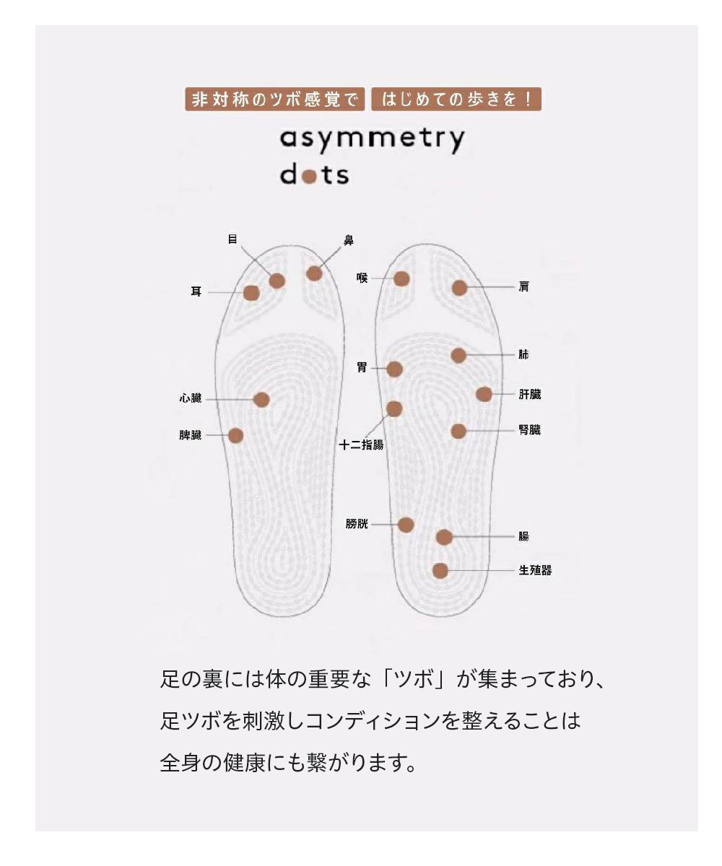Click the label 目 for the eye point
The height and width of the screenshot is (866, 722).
coord(232,239)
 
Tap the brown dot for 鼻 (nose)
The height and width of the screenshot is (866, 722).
coord(314,274)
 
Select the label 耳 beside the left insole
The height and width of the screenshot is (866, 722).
coord(196,292)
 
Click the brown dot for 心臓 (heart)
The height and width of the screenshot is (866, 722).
coord(262,400)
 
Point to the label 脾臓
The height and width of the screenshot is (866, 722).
coord(191,436)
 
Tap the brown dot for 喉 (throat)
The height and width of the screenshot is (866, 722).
coord(402,279)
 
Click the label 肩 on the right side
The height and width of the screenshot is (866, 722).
coord(523,287)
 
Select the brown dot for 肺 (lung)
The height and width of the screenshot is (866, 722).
coord(458,355)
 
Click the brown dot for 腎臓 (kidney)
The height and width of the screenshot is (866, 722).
coord(458,431)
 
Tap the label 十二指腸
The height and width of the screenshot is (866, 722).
coord(362,445)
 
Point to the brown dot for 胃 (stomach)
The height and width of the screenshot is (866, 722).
coord(394,369)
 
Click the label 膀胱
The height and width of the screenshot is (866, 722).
coord(357,524)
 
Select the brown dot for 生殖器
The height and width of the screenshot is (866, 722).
coord(440,571)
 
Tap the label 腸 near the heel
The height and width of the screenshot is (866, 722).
coord(523,536)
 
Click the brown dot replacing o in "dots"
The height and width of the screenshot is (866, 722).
coord(310,176)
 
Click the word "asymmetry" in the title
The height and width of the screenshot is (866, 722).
coord(372,139)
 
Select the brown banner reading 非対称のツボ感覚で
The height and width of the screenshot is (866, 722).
coord(274,99)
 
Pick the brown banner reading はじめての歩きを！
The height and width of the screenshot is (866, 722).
coord(456,99)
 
